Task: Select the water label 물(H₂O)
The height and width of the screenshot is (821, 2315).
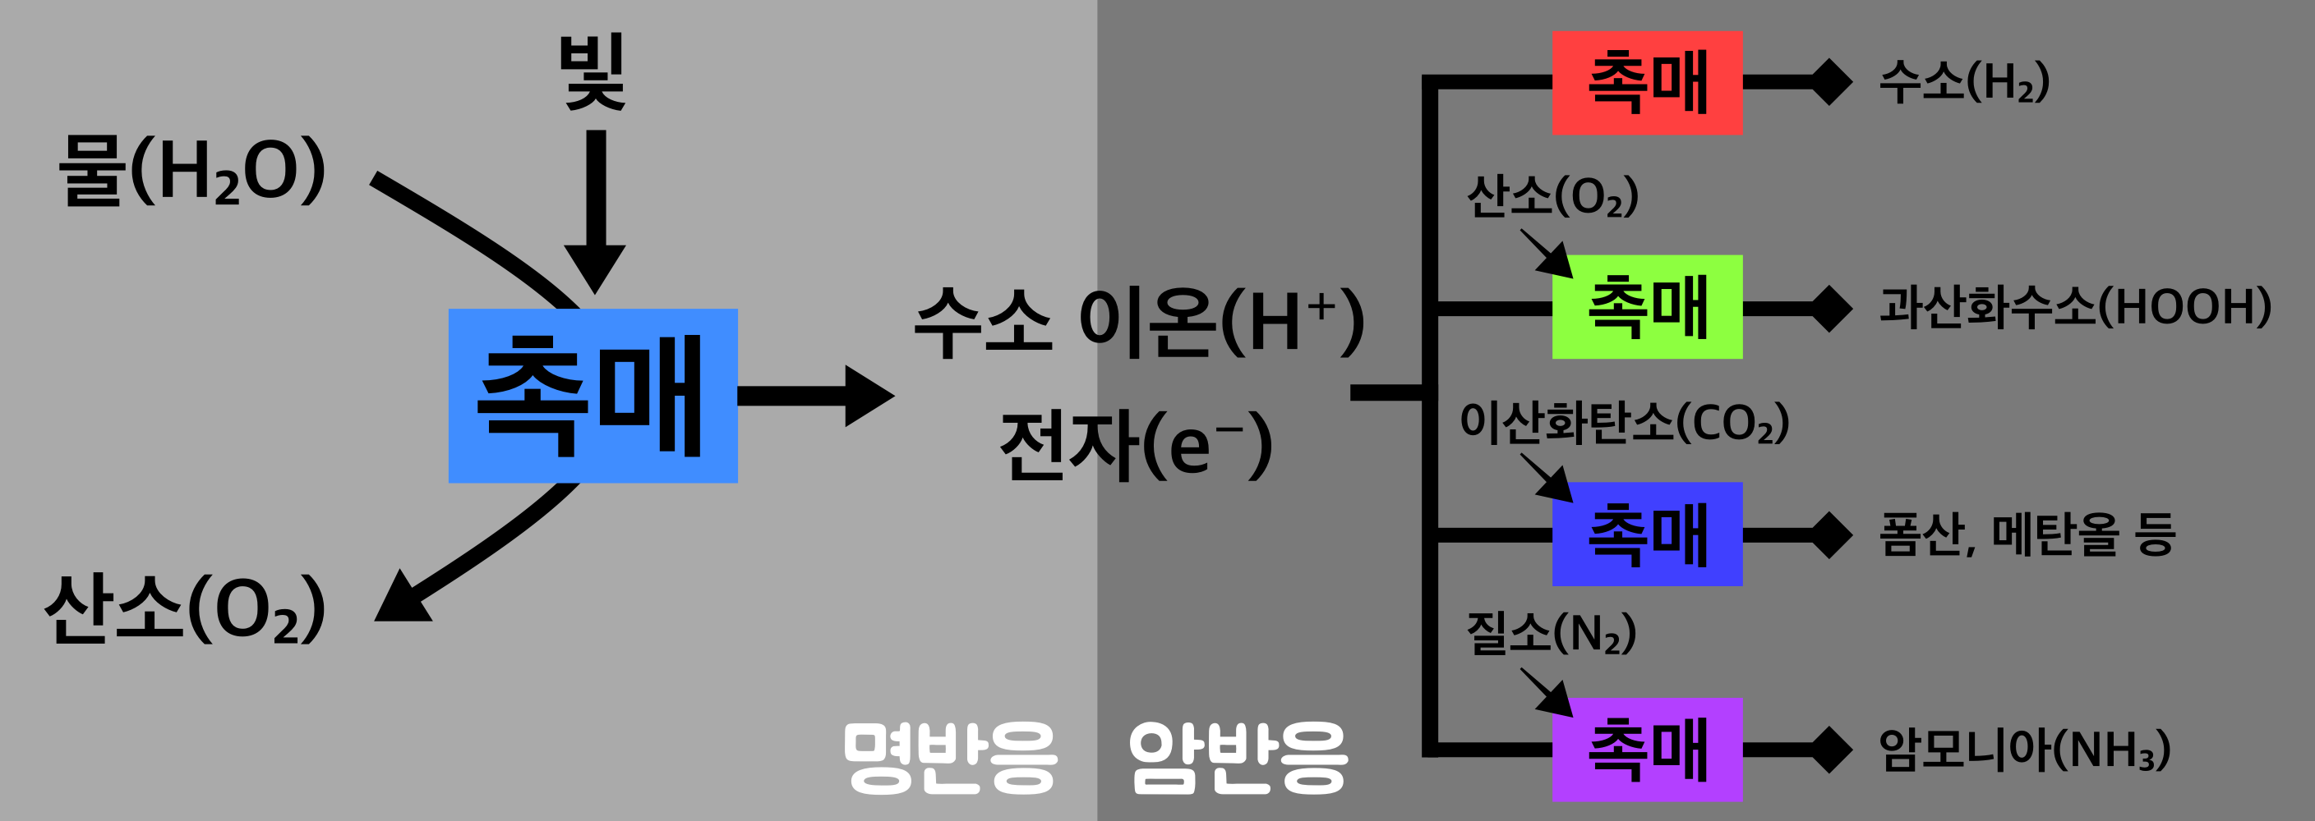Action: pyautogui.click(x=191, y=171)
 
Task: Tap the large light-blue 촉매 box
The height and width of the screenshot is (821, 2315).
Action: pyautogui.click(x=593, y=395)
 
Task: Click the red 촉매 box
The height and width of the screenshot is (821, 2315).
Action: pyautogui.click(x=1646, y=83)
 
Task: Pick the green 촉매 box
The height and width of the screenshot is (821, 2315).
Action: pyautogui.click(x=1646, y=307)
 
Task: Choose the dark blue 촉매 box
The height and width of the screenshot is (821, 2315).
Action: pyautogui.click(x=1646, y=534)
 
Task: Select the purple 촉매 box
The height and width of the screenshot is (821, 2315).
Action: pyautogui.click(x=1646, y=750)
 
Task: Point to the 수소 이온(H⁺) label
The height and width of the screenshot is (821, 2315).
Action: pyautogui.click(x=1140, y=322)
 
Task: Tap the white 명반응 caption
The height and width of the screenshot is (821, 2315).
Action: pyautogui.click(x=950, y=757)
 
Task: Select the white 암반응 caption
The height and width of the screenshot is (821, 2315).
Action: pyautogui.click(x=1238, y=757)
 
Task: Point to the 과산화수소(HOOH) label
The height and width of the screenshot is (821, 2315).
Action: pyautogui.click(x=2075, y=307)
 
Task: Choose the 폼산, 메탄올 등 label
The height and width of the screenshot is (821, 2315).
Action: pyautogui.click(x=2027, y=534)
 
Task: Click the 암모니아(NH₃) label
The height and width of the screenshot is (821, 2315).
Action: pyautogui.click(x=2025, y=750)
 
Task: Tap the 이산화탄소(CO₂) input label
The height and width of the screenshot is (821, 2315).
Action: pyautogui.click(x=1625, y=422)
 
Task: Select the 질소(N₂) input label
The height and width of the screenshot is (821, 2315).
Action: pyautogui.click(x=1551, y=632)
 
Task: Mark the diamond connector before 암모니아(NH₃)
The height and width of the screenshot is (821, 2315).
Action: pyautogui.click(x=1831, y=750)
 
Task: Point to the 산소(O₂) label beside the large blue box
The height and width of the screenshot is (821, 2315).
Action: pyautogui.click(x=185, y=609)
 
